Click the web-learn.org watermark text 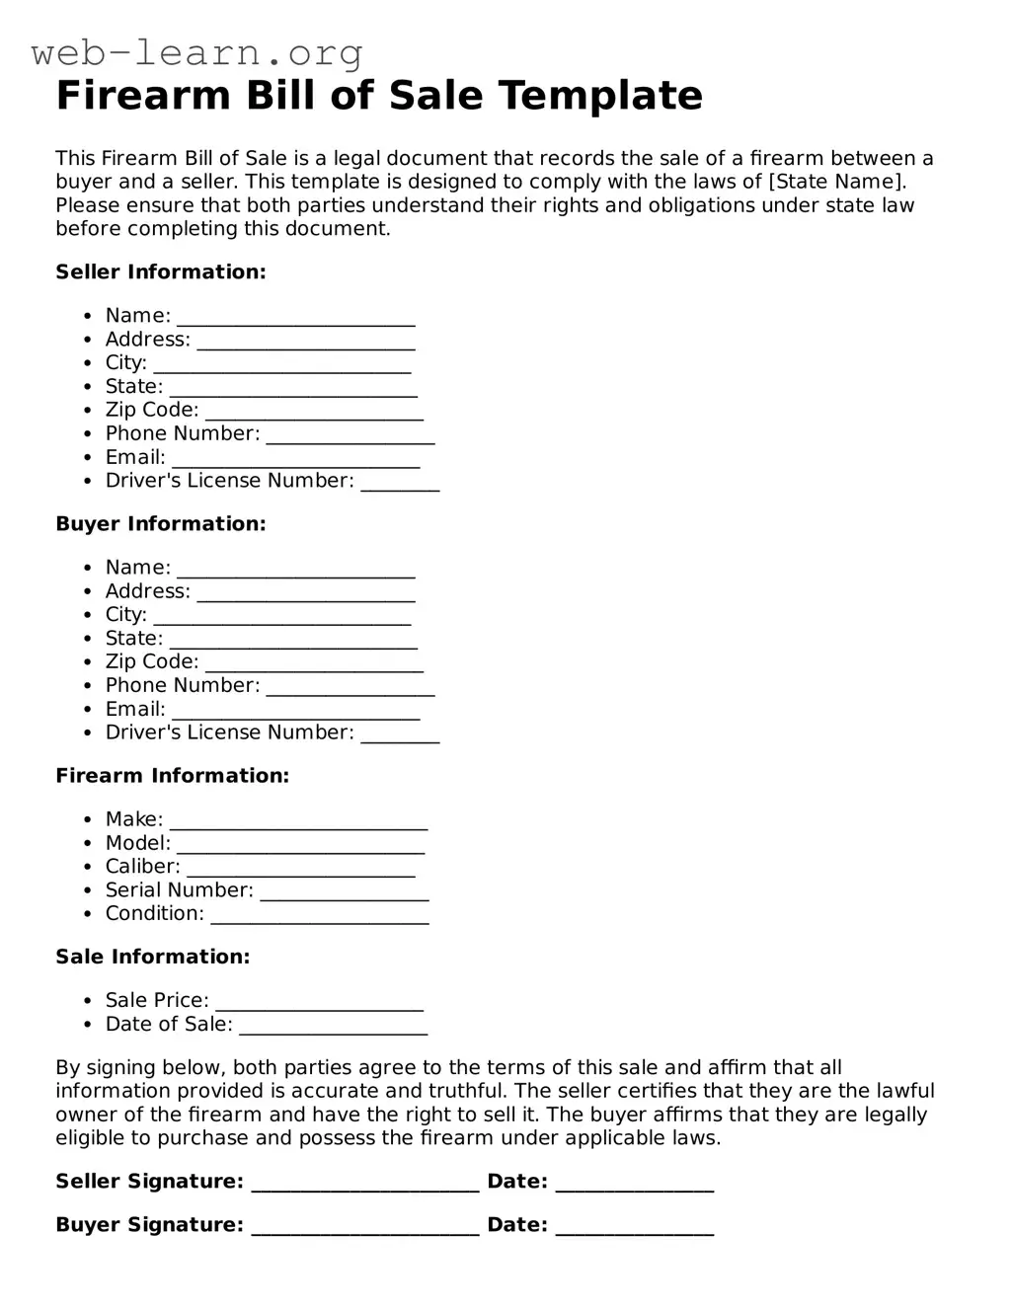click(196, 52)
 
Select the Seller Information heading click(161, 272)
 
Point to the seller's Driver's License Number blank click(400, 485)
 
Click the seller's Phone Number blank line click(350, 437)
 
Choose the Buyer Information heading click(161, 524)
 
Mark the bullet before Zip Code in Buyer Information click(88, 662)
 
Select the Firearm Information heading click(173, 776)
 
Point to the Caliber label click(142, 867)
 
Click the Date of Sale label click(169, 1025)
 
